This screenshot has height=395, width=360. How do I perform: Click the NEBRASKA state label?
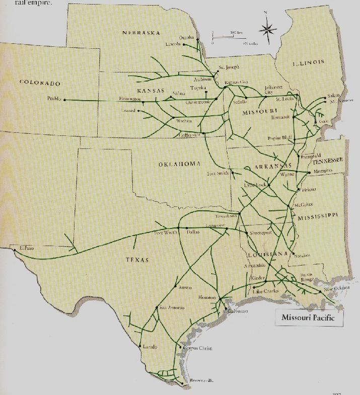coord(141,33)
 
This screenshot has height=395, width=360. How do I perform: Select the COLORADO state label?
coord(40,83)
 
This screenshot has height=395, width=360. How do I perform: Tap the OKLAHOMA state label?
coord(180,164)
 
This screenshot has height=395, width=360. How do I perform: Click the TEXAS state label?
coord(137,260)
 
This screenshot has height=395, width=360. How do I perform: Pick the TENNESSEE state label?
coord(327,160)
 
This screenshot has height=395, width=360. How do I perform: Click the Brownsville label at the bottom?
coord(201,381)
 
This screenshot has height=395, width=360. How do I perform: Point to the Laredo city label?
coord(150,347)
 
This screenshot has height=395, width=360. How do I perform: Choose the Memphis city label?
coord(323,171)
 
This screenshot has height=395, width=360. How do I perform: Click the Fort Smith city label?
coord(218,173)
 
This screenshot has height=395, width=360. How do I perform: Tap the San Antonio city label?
coord(172,307)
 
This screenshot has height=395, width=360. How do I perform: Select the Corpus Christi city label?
coord(197,348)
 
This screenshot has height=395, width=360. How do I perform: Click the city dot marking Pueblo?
coord(64,100)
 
